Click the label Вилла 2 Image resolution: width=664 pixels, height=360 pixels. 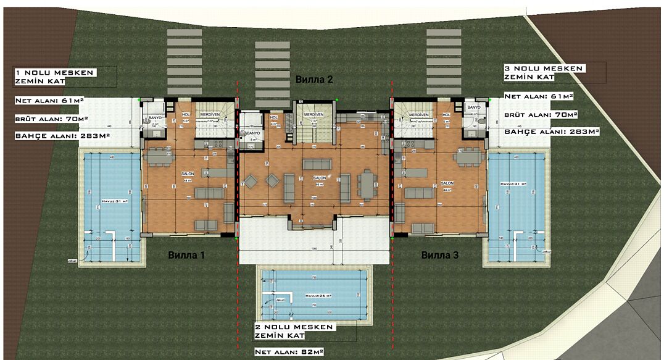tap(315, 80)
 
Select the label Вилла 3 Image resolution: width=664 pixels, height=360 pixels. tap(439, 254)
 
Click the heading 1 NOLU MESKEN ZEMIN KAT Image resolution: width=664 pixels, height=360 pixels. tap(56, 76)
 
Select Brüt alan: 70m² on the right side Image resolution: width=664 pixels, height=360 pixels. tap(541, 115)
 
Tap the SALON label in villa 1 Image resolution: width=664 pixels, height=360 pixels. tap(187, 174)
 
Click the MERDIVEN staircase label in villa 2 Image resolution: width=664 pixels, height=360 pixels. tap(314, 115)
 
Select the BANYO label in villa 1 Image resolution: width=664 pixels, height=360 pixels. tap(155, 117)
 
